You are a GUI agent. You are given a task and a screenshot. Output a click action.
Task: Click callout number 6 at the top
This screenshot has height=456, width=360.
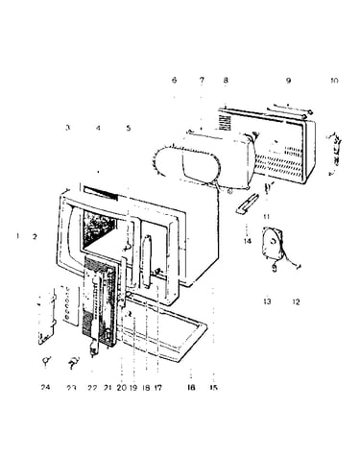[174, 80]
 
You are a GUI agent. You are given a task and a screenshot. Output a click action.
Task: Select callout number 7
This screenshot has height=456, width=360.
[202, 80]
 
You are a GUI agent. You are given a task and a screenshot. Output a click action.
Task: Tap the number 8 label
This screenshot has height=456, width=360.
[226, 80]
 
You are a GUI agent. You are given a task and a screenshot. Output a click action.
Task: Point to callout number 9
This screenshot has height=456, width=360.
[288, 81]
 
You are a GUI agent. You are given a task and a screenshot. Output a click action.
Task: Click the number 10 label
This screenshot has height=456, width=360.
[334, 81]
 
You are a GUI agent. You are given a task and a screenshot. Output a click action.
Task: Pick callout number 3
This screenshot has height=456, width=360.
[67, 128]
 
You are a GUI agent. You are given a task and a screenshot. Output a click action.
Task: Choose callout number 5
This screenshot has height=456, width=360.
[129, 128]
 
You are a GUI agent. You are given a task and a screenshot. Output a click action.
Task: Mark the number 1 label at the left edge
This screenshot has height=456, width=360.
[18, 236]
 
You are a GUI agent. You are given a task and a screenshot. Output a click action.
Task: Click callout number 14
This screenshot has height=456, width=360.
[248, 241]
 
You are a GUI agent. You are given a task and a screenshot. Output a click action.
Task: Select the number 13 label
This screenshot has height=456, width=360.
[267, 301]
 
